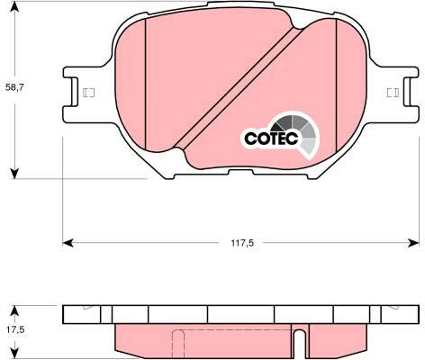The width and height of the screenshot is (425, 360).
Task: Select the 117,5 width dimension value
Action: point(242,243)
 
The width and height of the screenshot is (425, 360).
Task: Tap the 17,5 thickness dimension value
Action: point(15,330)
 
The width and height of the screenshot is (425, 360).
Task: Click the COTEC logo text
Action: point(272,139)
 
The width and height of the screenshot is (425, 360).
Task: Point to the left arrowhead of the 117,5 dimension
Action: point(68,243)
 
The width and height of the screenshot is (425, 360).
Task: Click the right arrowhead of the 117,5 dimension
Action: point(413,243)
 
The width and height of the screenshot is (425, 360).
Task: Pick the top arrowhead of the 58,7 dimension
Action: point(14,6)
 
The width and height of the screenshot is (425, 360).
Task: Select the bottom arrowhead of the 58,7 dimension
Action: point(14,174)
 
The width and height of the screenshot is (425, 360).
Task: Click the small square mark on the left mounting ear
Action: point(88,93)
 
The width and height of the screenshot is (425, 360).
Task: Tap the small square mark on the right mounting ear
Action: point(393,93)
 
